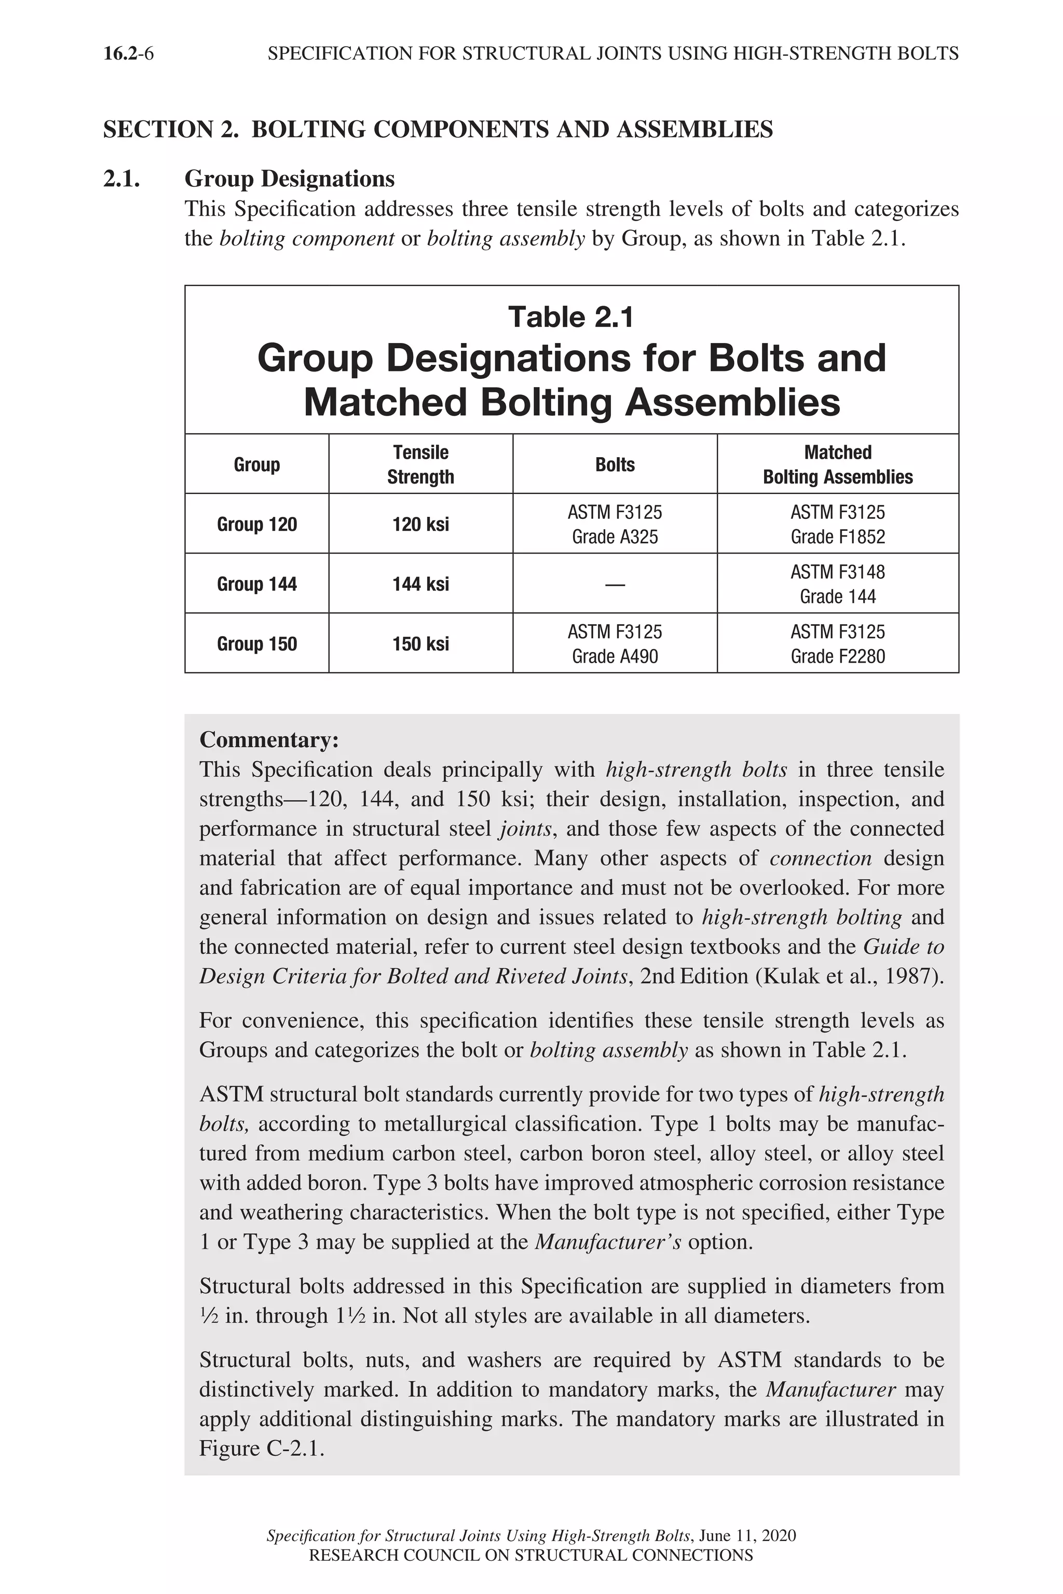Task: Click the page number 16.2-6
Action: point(128,53)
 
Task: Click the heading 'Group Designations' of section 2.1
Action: point(290,179)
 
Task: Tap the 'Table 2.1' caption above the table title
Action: point(571,317)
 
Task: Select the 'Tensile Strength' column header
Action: point(420,464)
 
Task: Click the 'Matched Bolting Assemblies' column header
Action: point(837,464)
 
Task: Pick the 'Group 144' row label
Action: point(257,584)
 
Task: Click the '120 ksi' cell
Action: point(420,525)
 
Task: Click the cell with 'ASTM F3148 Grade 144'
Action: point(837,584)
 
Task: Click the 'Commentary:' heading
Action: point(268,740)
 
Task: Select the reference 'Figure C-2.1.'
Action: point(262,1448)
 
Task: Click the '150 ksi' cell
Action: point(420,644)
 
